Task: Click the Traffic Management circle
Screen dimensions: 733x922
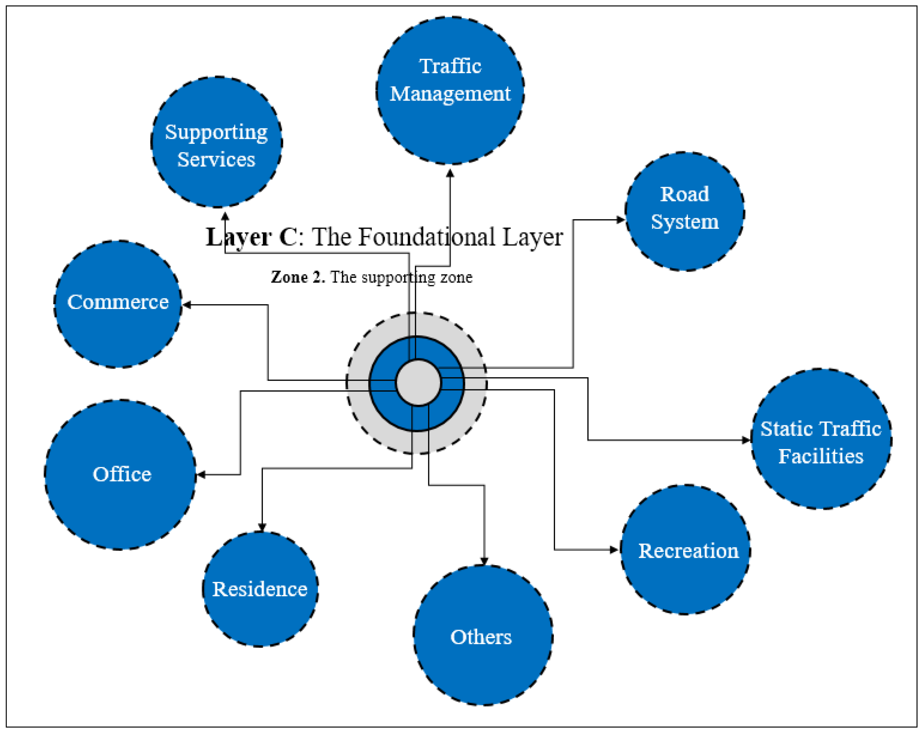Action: pyautogui.click(x=450, y=91)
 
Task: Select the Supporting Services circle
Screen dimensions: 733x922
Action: pyautogui.click(x=217, y=142)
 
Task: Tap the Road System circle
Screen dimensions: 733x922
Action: pyautogui.click(x=685, y=211)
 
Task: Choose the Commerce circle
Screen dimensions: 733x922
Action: pyautogui.click(x=118, y=304)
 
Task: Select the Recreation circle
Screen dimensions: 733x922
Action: pyautogui.click(x=685, y=550)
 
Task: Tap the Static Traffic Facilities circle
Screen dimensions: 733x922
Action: pyautogui.click(x=822, y=439)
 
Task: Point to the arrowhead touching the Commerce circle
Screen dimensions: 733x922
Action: pyautogui.click(x=187, y=305)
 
